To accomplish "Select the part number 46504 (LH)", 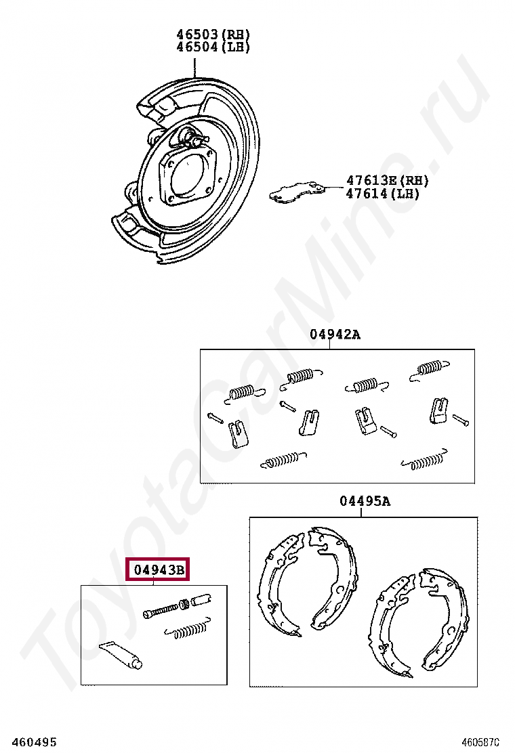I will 213,47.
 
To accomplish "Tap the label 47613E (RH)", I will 388,181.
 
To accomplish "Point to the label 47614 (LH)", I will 383,194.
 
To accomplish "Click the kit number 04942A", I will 335,334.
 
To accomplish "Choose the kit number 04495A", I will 365,501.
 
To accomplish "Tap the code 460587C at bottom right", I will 487,742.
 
